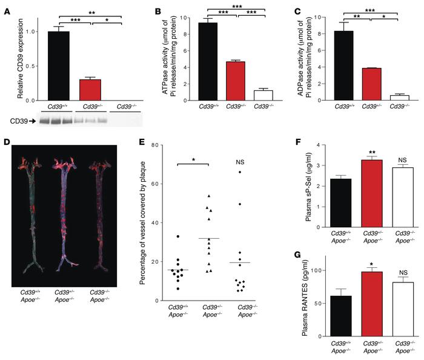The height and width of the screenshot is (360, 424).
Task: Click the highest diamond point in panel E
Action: click(240, 173)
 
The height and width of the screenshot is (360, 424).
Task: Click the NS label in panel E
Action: click(240, 163)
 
